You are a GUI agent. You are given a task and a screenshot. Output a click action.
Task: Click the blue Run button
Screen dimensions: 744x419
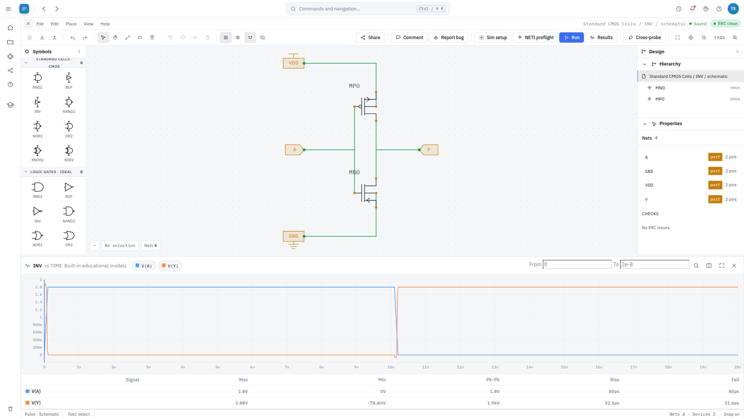pyautogui.click(x=571, y=38)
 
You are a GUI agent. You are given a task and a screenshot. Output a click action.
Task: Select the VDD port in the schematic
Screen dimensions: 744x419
pyautogui.click(x=294, y=63)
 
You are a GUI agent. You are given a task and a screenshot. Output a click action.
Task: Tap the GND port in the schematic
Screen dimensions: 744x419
pyautogui.click(x=294, y=236)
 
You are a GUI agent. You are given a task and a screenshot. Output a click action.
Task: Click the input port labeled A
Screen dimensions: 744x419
pyautogui.click(x=294, y=150)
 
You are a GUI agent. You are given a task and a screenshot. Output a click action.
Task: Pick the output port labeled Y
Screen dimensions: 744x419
pyautogui.click(x=429, y=150)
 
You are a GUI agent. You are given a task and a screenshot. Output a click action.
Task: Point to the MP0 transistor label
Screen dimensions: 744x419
pyautogui.click(x=354, y=86)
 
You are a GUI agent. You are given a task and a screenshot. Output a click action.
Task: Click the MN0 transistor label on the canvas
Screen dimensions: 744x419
pyautogui.click(x=354, y=172)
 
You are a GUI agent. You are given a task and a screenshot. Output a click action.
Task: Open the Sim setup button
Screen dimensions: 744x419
pyautogui.click(x=493, y=38)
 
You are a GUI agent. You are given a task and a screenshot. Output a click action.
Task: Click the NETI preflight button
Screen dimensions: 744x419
pyautogui.click(x=536, y=38)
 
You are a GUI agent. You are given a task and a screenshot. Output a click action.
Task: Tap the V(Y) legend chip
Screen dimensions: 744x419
pyautogui.click(x=170, y=266)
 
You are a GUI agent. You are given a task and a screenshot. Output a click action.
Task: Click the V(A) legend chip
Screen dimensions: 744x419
pyautogui.click(x=144, y=266)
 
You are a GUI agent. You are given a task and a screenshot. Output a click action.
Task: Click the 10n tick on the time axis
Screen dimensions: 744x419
pyautogui.click(x=391, y=367)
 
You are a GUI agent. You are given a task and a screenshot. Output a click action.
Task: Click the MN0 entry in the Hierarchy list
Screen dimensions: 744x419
pyautogui.click(x=660, y=88)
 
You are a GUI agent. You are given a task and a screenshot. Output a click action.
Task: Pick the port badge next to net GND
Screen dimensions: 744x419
pyautogui.click(x=715, y=171)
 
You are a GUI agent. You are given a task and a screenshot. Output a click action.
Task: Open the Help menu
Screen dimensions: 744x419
pyautogui.click(x=105, y=24)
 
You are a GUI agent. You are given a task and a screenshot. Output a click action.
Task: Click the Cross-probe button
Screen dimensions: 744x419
pyautogui.click(x=644, y=38)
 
